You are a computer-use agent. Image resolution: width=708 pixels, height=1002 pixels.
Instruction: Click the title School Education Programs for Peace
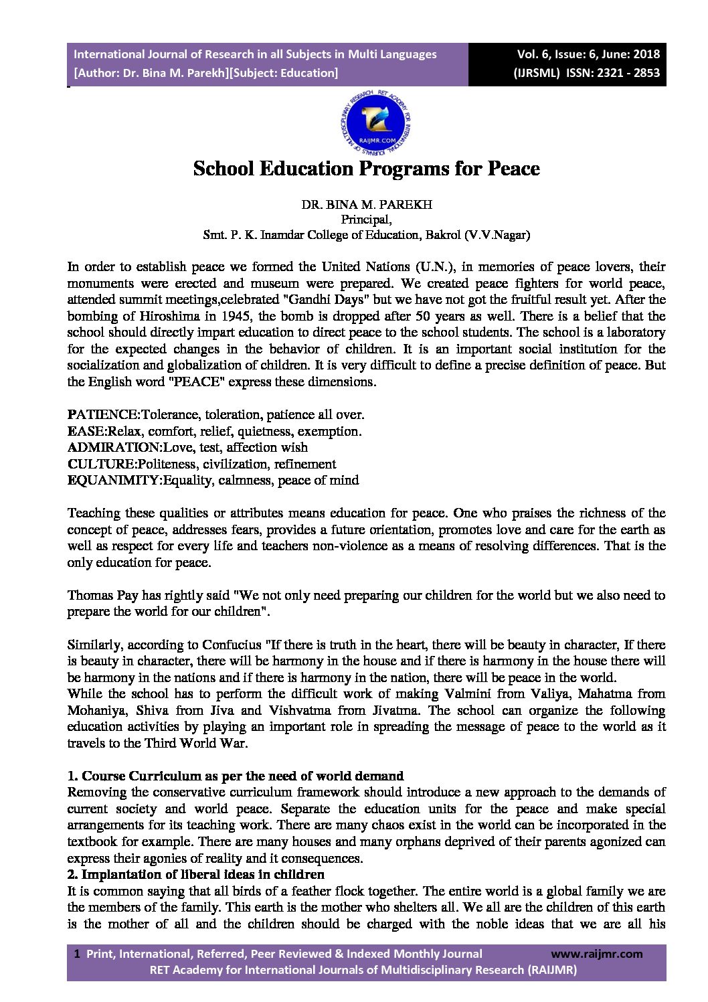[366, 168]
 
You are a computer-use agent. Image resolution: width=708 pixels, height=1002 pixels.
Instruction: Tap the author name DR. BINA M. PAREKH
[366, 205]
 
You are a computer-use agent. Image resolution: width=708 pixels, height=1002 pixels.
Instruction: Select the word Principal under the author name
[366, 220]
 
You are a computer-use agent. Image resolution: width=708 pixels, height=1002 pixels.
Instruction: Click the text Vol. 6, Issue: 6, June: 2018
[588, 54]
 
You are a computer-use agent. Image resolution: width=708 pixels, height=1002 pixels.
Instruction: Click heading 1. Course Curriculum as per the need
[236, 776]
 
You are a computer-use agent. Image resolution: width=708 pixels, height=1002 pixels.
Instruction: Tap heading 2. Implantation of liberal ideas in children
[195, 875]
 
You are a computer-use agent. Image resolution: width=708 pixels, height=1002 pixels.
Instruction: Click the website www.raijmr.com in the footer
[596, 954]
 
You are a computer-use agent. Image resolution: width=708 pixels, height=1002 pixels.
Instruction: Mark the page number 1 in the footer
[78, 954]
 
